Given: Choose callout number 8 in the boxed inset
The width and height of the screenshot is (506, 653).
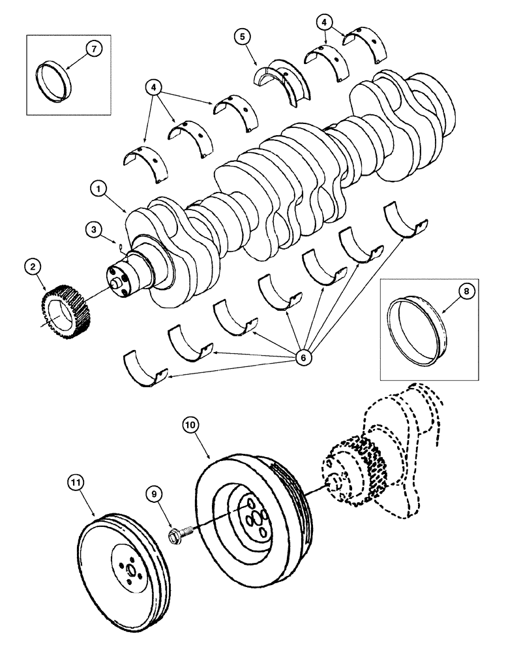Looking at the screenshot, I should click(467, 293).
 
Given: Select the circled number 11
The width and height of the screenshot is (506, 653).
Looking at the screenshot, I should click(76, 483).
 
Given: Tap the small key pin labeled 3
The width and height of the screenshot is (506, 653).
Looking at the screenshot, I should click(122, 246).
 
